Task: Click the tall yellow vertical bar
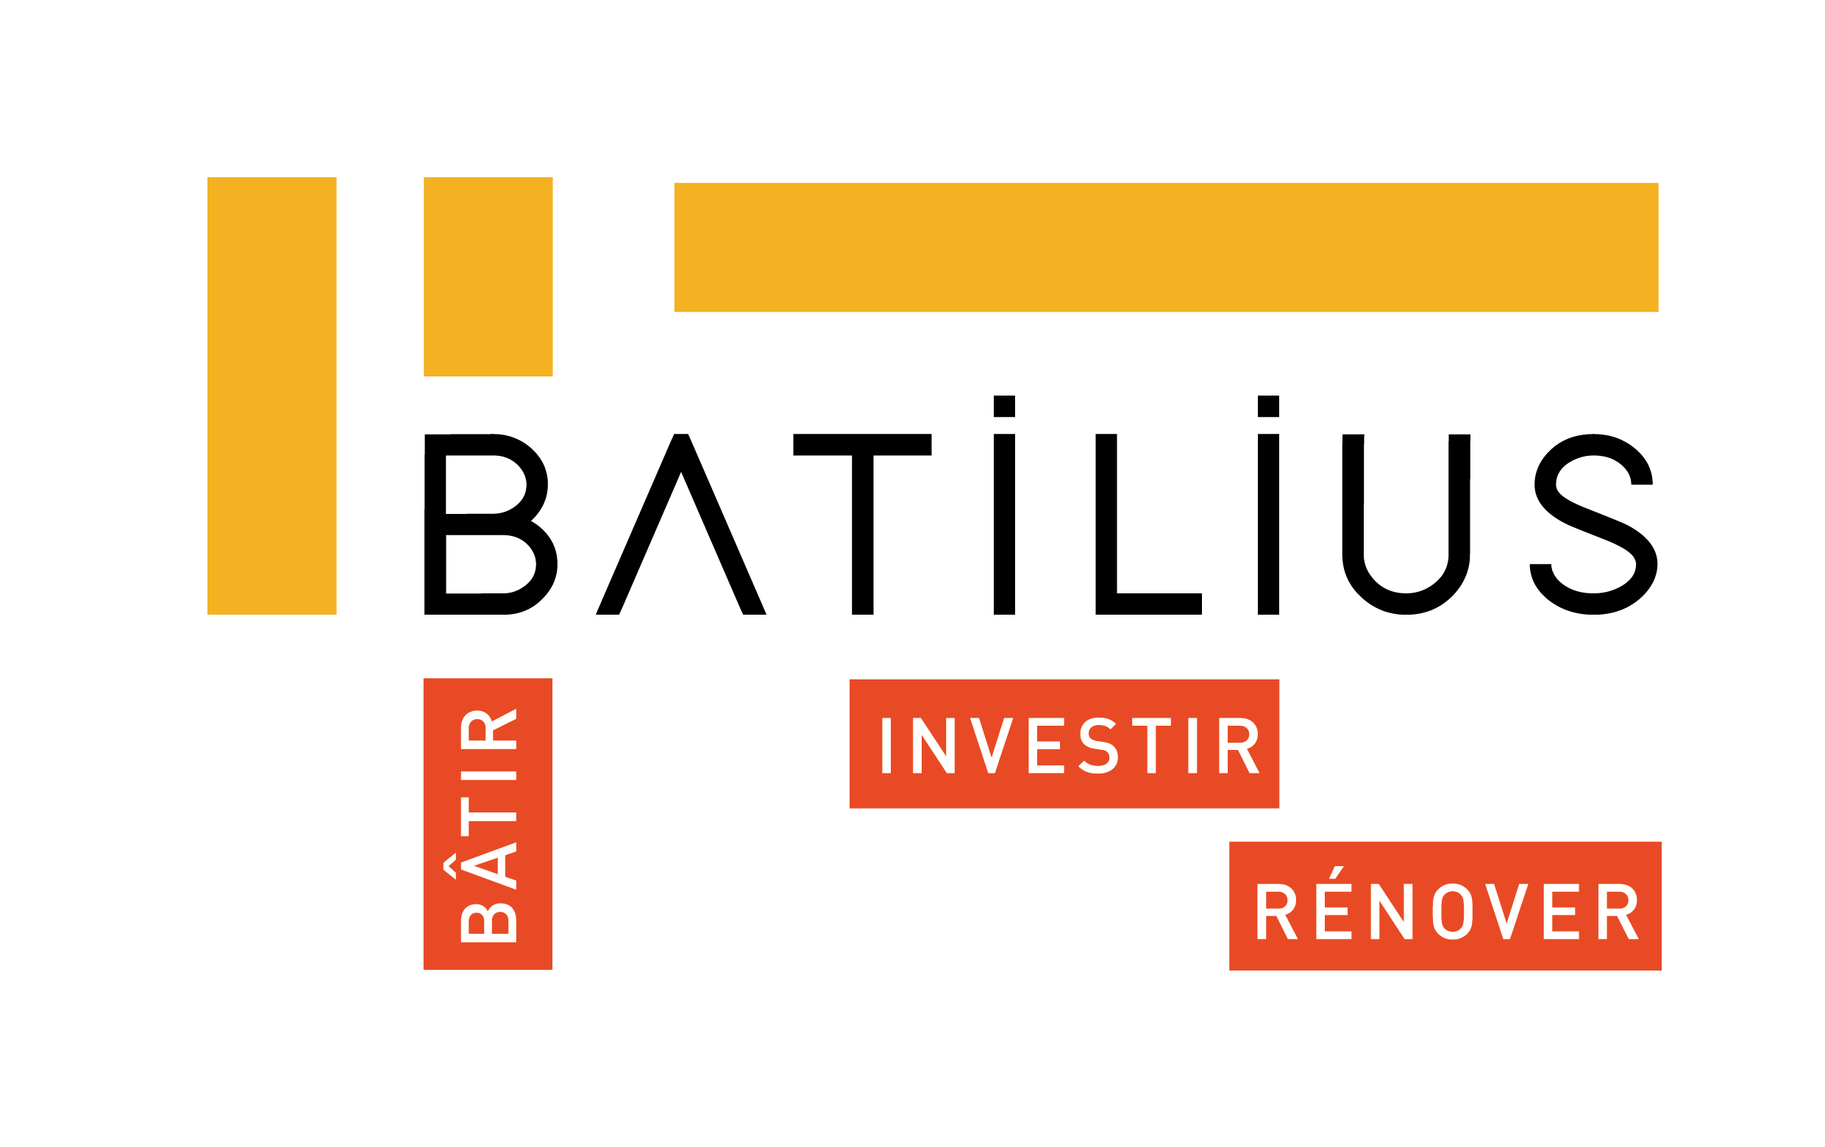pyautogui.click(x=271, y=396)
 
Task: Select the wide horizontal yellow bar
pyautogui.click(x=1167, y=247)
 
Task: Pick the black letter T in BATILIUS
pyautogui.click(x=862, y=524)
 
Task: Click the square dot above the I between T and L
pyautogui.click(x=1004, y=406)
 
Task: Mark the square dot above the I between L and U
pyautogui.click(x=1269, y=406)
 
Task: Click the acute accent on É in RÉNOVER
pyautogui.click(x=1336, y=872)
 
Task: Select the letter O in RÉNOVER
pyautogui.click(x=1452, y=912)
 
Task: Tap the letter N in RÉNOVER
pyautogui.click(x=1392, y=912)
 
